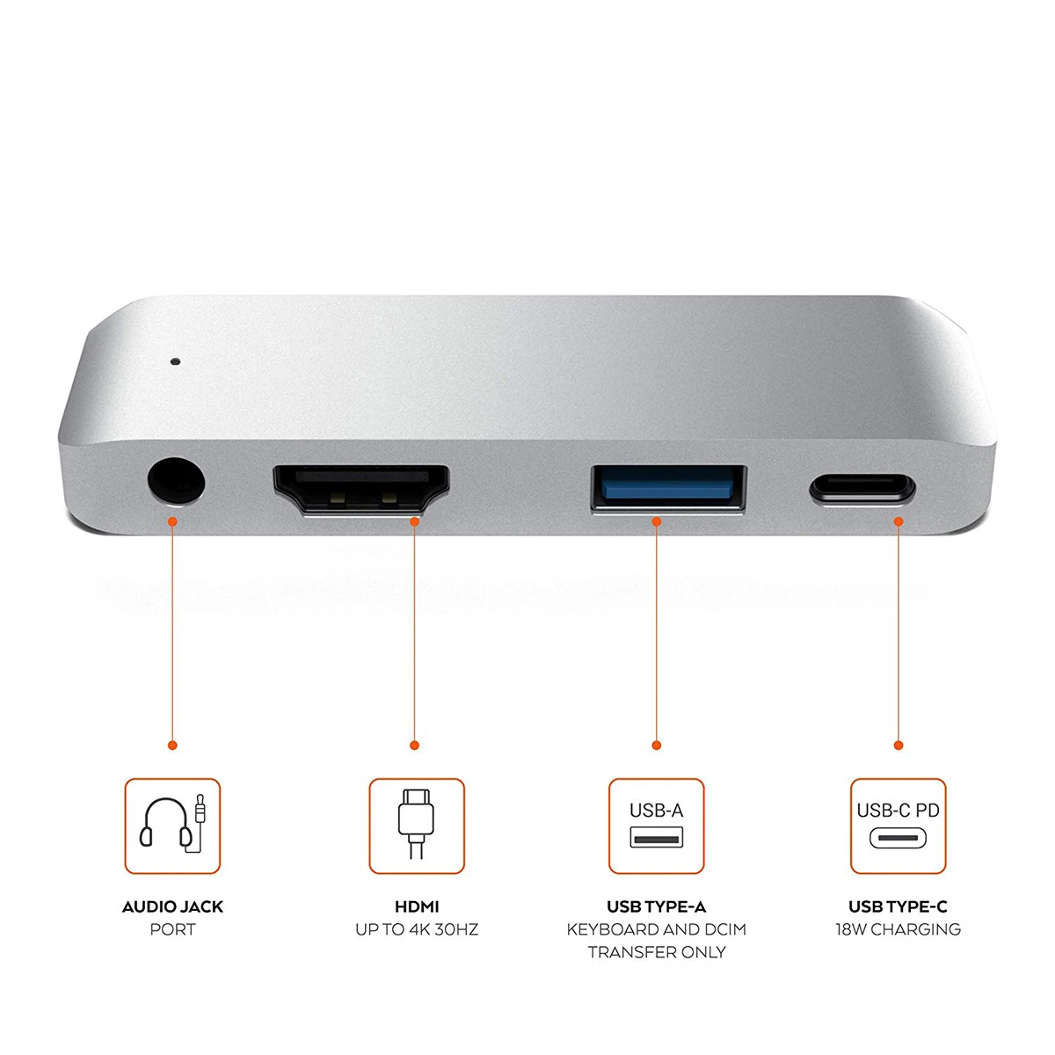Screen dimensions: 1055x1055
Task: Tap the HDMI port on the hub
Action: tap(361, 490)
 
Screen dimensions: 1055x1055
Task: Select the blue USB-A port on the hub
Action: tap(668, 487)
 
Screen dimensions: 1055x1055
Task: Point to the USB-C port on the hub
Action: tap(862, 489)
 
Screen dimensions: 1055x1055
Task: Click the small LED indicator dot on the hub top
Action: tap(175, 360)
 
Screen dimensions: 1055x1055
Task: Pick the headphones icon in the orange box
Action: tap(172, 826)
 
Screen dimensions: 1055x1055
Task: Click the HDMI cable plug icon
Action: tap(416, 826)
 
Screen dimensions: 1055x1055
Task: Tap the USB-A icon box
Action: tap(657, 826)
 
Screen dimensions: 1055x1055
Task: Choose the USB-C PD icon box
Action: tap(899, 826)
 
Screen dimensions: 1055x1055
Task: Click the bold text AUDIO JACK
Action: tap(172, 906)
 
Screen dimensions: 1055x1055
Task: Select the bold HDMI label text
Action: tap(417, 906)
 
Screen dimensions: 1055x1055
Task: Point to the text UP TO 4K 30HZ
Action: tap(417, 929)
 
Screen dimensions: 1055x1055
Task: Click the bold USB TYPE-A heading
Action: tap(657, 906)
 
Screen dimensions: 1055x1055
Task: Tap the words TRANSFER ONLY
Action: tap(657, 952)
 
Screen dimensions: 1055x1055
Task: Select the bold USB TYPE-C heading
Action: tap(898, 906)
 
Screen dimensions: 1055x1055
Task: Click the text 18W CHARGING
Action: tap(898, 929)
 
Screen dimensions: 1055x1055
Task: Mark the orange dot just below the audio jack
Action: tap(173, 522)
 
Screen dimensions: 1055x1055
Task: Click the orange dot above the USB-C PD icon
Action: tap(899, 746)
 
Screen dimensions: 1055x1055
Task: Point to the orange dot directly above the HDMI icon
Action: tap(415, 746)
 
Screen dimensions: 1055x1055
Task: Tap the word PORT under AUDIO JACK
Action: tap(172, 929)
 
